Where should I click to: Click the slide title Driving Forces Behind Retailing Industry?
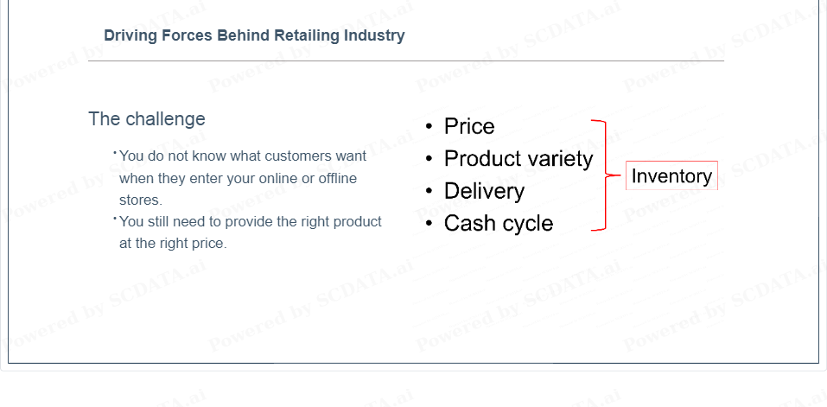(x=254, y=35)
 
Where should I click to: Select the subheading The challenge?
(x=147, y=119)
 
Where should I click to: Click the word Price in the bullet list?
(x=469, y=126)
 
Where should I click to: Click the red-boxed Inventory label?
(x=671, y=175)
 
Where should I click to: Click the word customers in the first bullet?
(x=298, y=156)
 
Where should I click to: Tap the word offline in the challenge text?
(x=338, y=178)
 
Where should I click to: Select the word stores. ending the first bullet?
(x=141, y=200)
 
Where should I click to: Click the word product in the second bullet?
(x=358, y=222)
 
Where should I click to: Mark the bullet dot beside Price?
(x=429, y=126)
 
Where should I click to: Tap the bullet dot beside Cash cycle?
(x=429, y=224)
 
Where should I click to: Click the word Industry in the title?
(x=374, y=35)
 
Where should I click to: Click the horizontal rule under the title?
(x=406, y=61)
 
